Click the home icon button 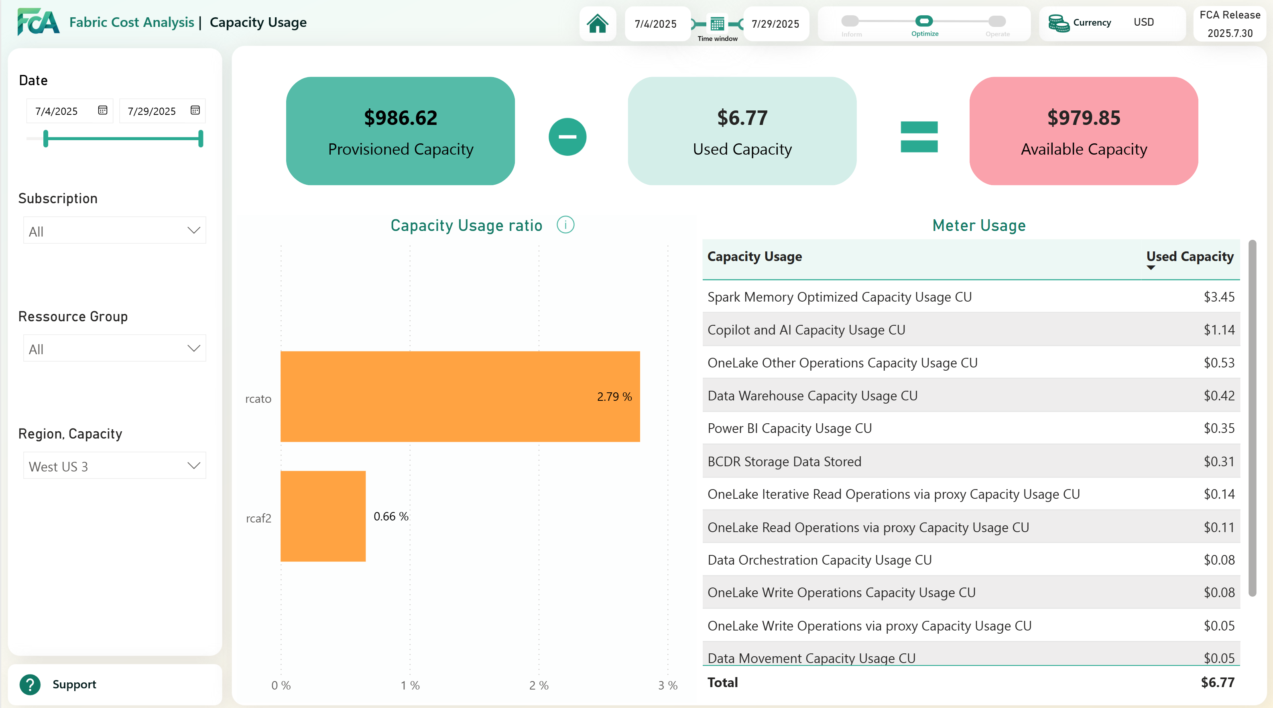598,24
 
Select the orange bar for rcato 460,396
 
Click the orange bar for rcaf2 323,516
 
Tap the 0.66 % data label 390,516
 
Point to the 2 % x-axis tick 539,685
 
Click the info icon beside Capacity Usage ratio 565,225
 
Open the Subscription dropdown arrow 194,231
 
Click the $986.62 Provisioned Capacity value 400,118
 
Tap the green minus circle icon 567,137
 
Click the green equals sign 919,137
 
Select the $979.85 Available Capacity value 1084,118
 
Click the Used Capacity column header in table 1190,257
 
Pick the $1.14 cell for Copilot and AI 1219,330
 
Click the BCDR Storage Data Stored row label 784,461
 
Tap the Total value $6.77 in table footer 1217,682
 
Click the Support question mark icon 30,684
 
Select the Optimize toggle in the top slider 924,21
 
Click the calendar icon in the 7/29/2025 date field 195,110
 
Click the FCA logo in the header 38,22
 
